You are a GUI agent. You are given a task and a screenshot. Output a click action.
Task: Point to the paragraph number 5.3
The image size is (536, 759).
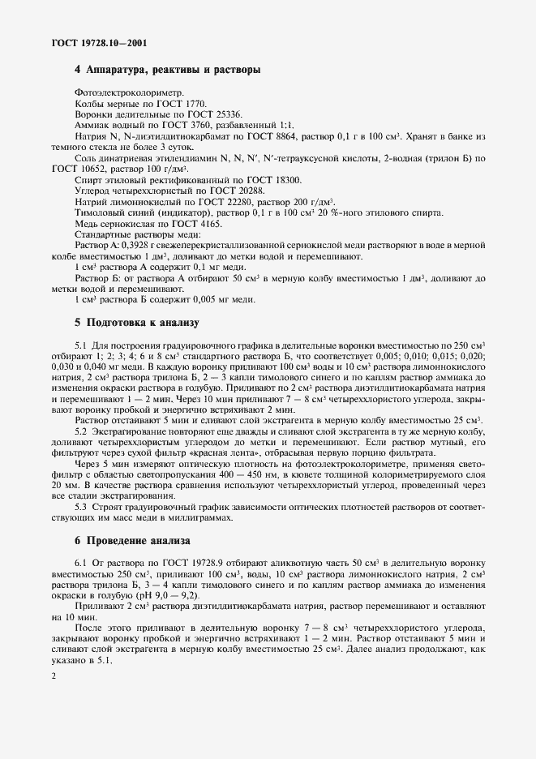84,506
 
